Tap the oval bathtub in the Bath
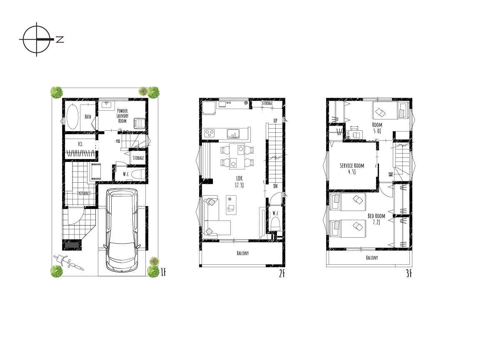point(73,117)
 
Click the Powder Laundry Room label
point(122,116)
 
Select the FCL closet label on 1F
point(80,144)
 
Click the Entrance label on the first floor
point(84,193)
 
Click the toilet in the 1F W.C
point(138,175)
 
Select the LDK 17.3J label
point(239,182)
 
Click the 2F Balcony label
point(242,253)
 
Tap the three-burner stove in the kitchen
point(210,133)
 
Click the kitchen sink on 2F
point(233,134)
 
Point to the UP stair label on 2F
point(275,121)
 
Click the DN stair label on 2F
point(275,186)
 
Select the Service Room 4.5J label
point(352,169)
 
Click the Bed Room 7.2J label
point(377,219)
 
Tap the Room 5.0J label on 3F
point(377,128)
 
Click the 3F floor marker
point(409,273)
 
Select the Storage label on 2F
point(267,103)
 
